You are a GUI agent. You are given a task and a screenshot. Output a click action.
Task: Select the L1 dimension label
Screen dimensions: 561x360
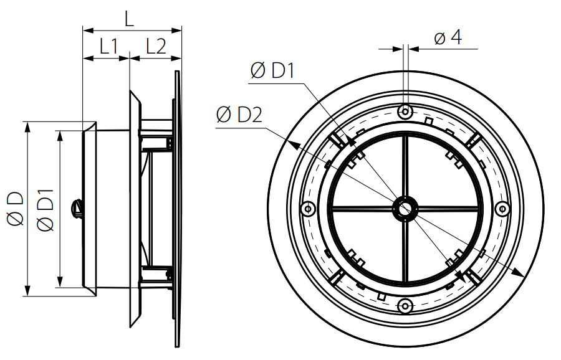[108, 46]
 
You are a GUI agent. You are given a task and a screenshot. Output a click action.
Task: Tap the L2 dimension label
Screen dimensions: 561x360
[156, 46]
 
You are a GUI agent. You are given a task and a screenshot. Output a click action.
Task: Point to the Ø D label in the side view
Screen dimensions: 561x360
[15, 209]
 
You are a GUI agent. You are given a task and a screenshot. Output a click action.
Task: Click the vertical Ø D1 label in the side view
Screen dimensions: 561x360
[46, 210]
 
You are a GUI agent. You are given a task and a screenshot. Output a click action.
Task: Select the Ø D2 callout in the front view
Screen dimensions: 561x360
[239, 115]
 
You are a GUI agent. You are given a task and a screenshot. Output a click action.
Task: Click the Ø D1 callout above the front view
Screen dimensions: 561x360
[272, 70]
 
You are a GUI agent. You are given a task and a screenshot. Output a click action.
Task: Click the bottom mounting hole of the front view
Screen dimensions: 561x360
[405, 306]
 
